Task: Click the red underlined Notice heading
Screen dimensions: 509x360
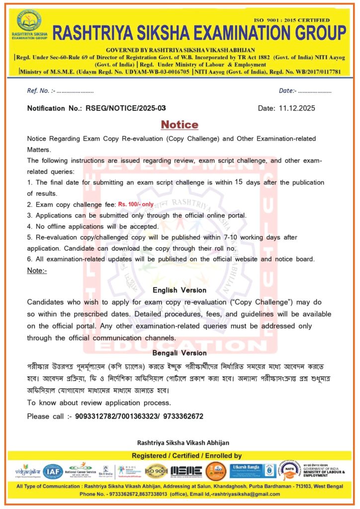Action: (x=180, y=124)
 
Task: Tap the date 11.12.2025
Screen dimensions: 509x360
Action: (x=297, y=108)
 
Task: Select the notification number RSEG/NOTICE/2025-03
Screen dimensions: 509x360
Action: (x=126, y=108)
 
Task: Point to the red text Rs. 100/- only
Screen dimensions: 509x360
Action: (x=135, y=204)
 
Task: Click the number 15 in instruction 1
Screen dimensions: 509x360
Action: (x=238, y=182)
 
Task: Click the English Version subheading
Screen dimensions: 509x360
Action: (x=180, y=290)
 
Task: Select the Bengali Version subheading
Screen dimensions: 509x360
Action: (x=180, y=353)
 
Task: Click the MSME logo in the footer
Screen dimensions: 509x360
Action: (x=186, y=471)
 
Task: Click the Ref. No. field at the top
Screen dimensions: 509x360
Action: (x=60, y=91)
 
